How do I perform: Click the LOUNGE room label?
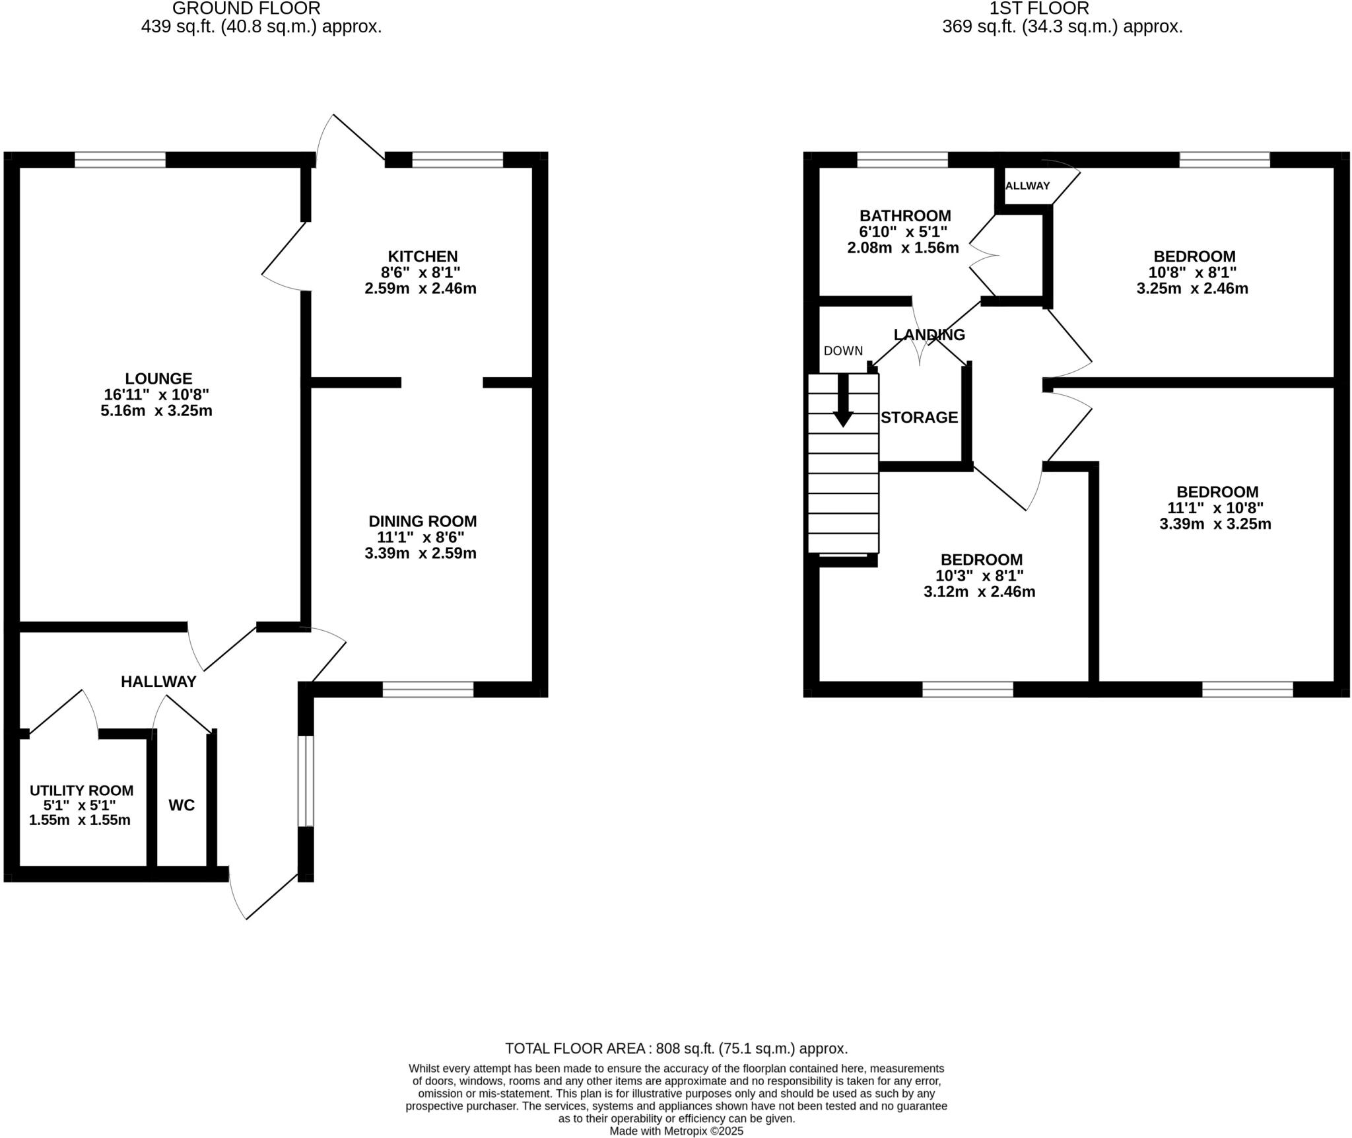click(x=158, y=378)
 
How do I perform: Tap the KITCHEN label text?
click(x=422, y=256)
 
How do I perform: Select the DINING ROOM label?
click(x=422, y=521)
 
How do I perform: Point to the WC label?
click(x=182, y=805)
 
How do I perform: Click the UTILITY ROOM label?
click(x=81, y=791)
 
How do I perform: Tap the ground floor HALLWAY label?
click(x=158, y=682)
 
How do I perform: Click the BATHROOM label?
click(x=905, y=216)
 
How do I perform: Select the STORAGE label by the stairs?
click(x=919, y=417)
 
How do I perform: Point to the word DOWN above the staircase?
click(x=843, y=351)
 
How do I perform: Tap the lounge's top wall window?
click(x=119, y=159)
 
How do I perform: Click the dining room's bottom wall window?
click(x=428, y=690)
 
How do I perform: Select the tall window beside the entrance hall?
click(x=305, y=781)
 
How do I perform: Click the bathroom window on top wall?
click(x=902, y=159)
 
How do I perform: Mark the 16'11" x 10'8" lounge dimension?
click(x=156, y=395)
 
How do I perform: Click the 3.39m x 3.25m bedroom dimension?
click(x=1215, y=524)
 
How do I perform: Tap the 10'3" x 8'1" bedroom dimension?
click(x=979, y=576)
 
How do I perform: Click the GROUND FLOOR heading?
click(x=246, y=9)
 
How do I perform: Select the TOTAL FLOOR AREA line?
click(x=676, y=1048)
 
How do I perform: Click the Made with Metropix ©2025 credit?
click(x=676, y=1131)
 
